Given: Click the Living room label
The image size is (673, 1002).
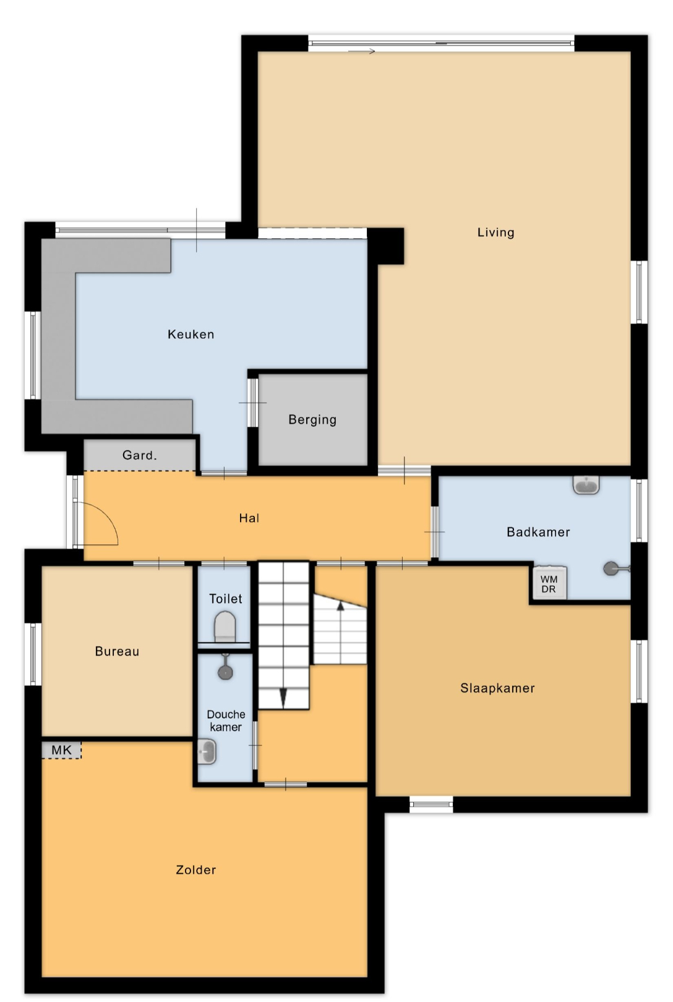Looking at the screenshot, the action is [x=495, y=232].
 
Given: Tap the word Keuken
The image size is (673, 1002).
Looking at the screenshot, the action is [x=191, y=334].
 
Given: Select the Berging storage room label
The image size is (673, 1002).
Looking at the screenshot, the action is [x=312, y=419].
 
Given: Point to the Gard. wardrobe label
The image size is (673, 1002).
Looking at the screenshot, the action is [x=139, y=455].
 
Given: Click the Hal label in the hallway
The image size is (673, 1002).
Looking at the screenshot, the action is [x=249, y=518].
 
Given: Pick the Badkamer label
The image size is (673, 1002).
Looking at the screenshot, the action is [x=538, y=532].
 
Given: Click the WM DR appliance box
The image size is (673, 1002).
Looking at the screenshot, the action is [x=549, y=583].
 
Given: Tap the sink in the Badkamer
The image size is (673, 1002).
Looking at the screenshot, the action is [x=586, y=485].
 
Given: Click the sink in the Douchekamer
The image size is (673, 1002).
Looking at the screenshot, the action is [x=207, y=751].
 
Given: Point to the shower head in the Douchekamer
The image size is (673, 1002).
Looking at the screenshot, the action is [x=225, y=671].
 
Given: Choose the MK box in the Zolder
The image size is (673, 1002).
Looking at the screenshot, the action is [x=62, y=750].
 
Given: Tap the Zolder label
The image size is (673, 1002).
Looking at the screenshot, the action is [x=195, y=870].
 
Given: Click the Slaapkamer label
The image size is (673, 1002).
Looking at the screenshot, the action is [x=497, y=688].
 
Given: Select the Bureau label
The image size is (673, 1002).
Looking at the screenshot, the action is [x=117, y=651].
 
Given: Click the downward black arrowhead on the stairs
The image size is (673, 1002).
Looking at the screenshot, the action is [x=284, y=698].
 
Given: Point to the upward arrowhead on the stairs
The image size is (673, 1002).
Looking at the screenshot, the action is [x=340, y=606].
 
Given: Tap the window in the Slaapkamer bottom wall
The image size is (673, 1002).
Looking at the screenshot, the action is [x=431, y=804].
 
